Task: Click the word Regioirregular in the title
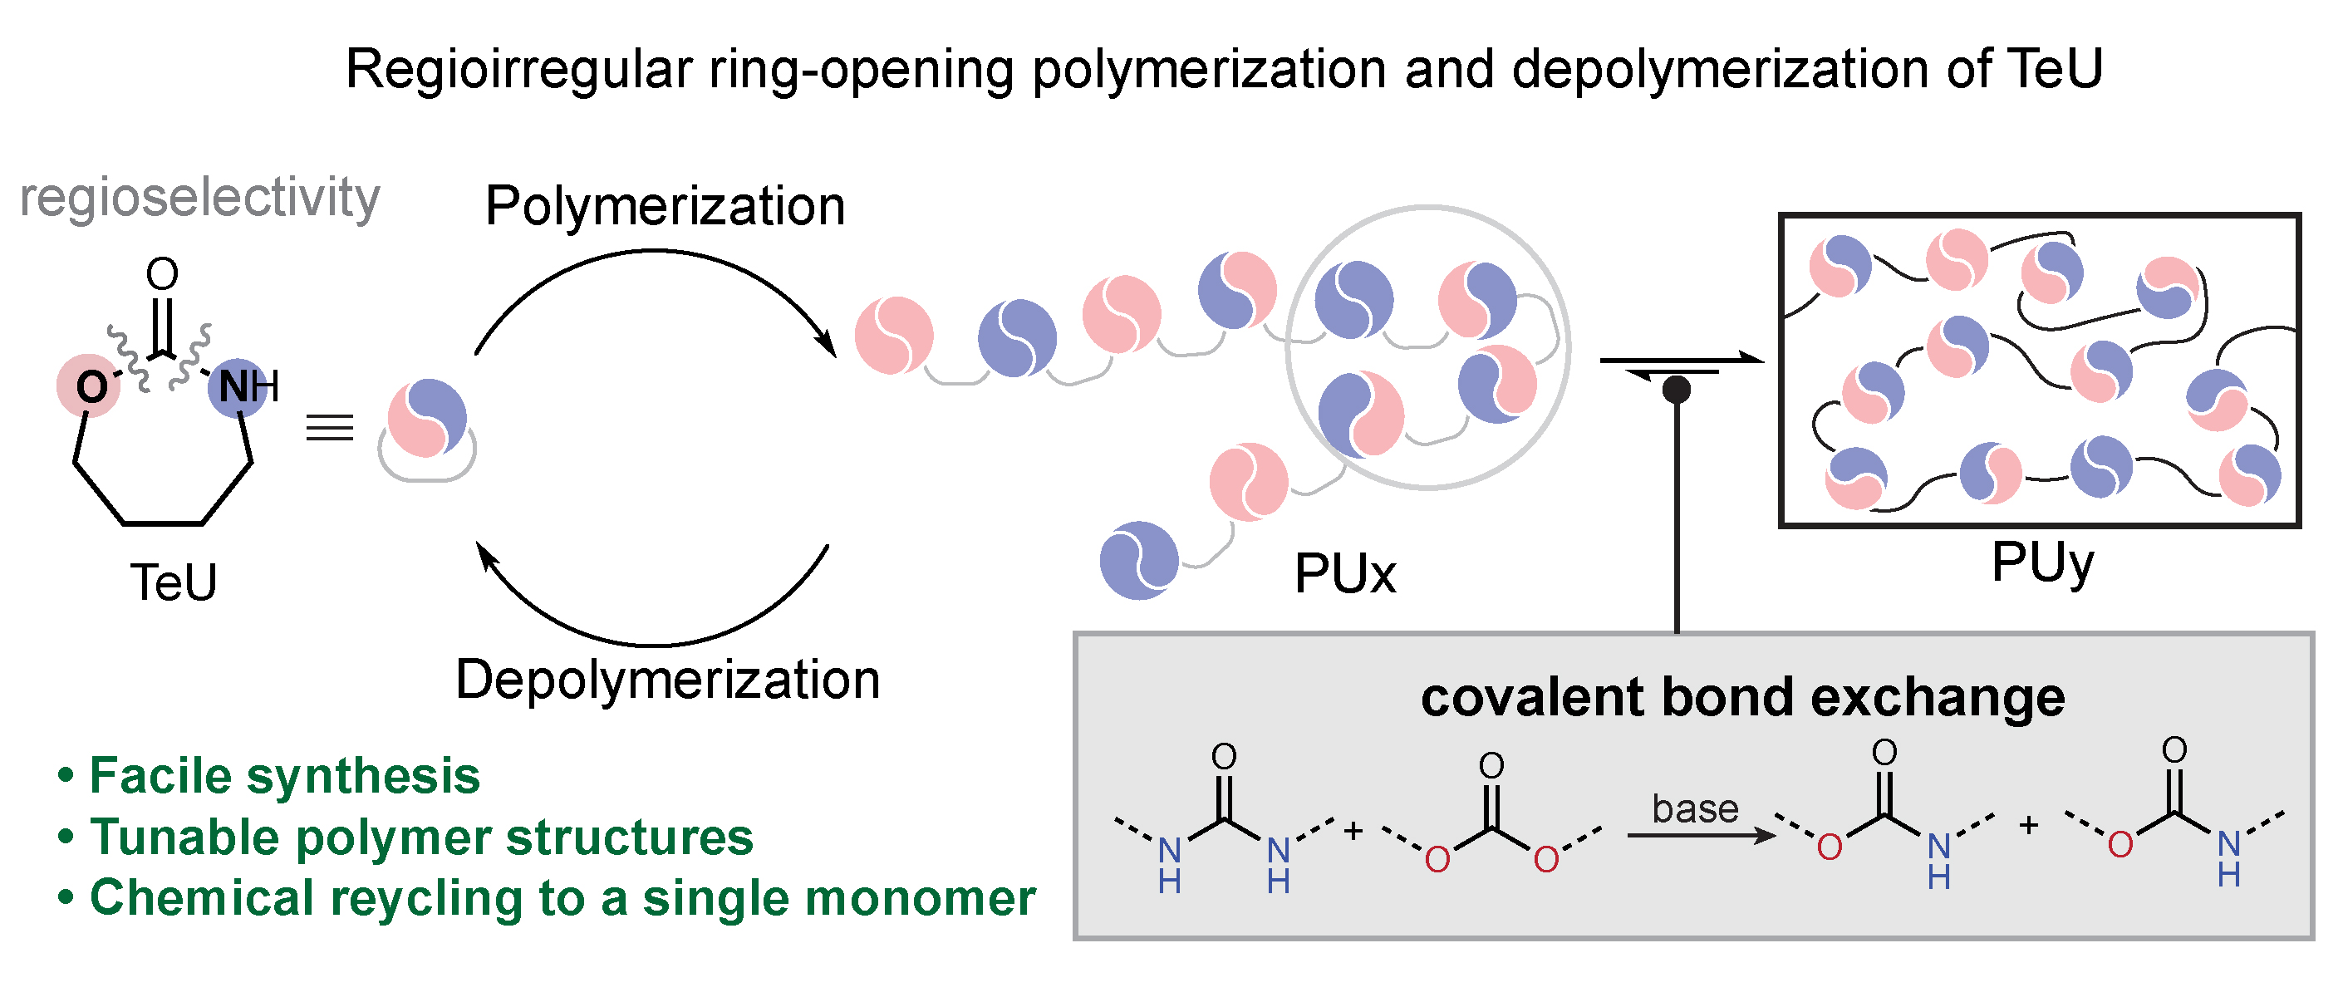519,69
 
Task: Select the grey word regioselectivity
199,198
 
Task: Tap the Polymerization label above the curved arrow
665,205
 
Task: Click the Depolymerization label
668,680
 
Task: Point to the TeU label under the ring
174,582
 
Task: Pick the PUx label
1344,574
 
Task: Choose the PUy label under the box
2042,562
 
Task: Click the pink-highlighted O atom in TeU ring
90,386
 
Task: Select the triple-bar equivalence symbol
329,427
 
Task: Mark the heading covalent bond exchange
1742,698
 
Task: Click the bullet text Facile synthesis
284,776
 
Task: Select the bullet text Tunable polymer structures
421,837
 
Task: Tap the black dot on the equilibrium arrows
1677,390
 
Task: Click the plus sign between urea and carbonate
1353,831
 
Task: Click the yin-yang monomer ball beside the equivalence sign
428,419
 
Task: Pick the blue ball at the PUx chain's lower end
1139,560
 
